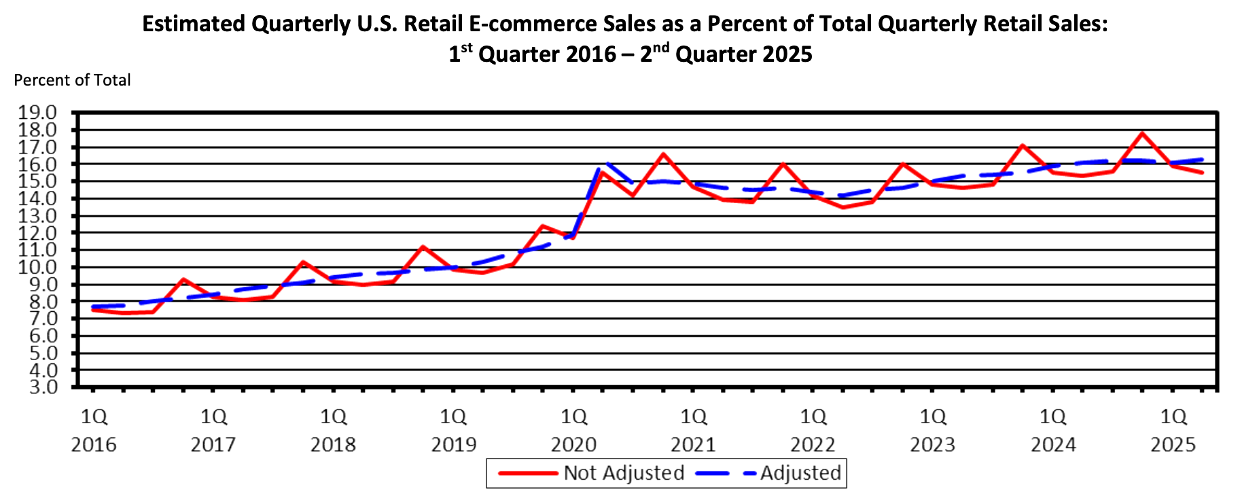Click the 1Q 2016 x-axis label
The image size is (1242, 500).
click(94, 430)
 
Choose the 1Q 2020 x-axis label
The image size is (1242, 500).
click(573, 430)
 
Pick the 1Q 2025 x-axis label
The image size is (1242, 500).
click(1173, 430)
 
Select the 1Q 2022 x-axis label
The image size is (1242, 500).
click(813, 430)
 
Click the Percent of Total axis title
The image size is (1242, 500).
click(72, 80)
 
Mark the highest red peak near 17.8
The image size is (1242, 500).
click(1143, 133)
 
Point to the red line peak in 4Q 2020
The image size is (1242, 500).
click(663, 154)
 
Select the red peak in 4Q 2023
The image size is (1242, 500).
click(1023, 145)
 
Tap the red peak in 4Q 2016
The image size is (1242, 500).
click(183, 279)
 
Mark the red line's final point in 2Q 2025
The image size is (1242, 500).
click(1203, 173)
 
